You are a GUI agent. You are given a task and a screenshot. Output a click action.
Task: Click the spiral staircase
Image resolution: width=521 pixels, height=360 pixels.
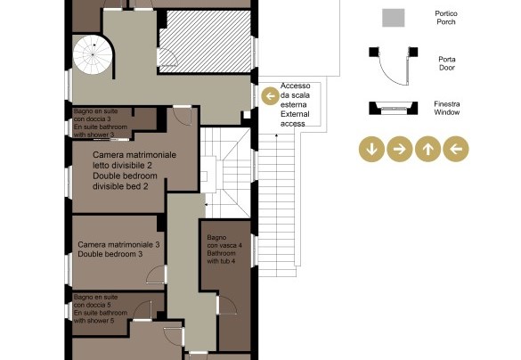(93, 54)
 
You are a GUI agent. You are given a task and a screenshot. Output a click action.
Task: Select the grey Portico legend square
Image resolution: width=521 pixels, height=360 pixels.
(393, 18)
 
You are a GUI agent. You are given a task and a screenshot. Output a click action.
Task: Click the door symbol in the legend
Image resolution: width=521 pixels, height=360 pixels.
(394, 66)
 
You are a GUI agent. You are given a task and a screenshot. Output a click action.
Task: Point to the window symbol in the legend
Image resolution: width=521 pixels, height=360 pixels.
(394, 108)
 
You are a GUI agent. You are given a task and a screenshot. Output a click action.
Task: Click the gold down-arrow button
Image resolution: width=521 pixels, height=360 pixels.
(371, 149)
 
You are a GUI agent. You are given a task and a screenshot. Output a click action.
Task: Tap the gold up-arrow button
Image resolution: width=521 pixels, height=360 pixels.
(428, 149)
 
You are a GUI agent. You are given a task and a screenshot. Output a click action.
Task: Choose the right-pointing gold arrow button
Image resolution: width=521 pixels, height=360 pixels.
(400, 149)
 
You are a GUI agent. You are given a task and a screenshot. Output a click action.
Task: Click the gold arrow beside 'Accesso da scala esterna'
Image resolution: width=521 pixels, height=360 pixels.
(270, 96)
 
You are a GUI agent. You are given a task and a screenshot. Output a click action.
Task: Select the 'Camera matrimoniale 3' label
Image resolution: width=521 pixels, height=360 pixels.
(118, 245)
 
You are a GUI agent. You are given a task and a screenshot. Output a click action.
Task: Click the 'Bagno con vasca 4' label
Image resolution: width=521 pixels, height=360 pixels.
(224, 241)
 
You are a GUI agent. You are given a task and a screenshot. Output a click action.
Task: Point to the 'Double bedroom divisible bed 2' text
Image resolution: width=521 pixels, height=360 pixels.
(125, 181)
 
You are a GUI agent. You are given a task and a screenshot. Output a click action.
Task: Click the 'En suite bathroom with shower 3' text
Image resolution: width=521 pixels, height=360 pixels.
(101, 131)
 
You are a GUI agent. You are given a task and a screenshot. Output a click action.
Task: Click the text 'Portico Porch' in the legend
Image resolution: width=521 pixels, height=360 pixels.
(446, 18)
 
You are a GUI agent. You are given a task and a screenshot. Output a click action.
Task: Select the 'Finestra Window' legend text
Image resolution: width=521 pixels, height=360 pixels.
(447, 108)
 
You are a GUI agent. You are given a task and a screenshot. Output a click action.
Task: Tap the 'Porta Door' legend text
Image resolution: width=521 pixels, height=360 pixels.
(447, 63)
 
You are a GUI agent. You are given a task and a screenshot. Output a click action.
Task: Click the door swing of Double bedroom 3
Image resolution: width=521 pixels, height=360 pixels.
(156, 274)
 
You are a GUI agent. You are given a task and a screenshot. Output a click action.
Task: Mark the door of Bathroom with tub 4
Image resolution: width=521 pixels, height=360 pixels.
(227, 305)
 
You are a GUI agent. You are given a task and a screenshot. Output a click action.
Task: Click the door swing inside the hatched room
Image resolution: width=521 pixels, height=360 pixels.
(167, 57)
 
